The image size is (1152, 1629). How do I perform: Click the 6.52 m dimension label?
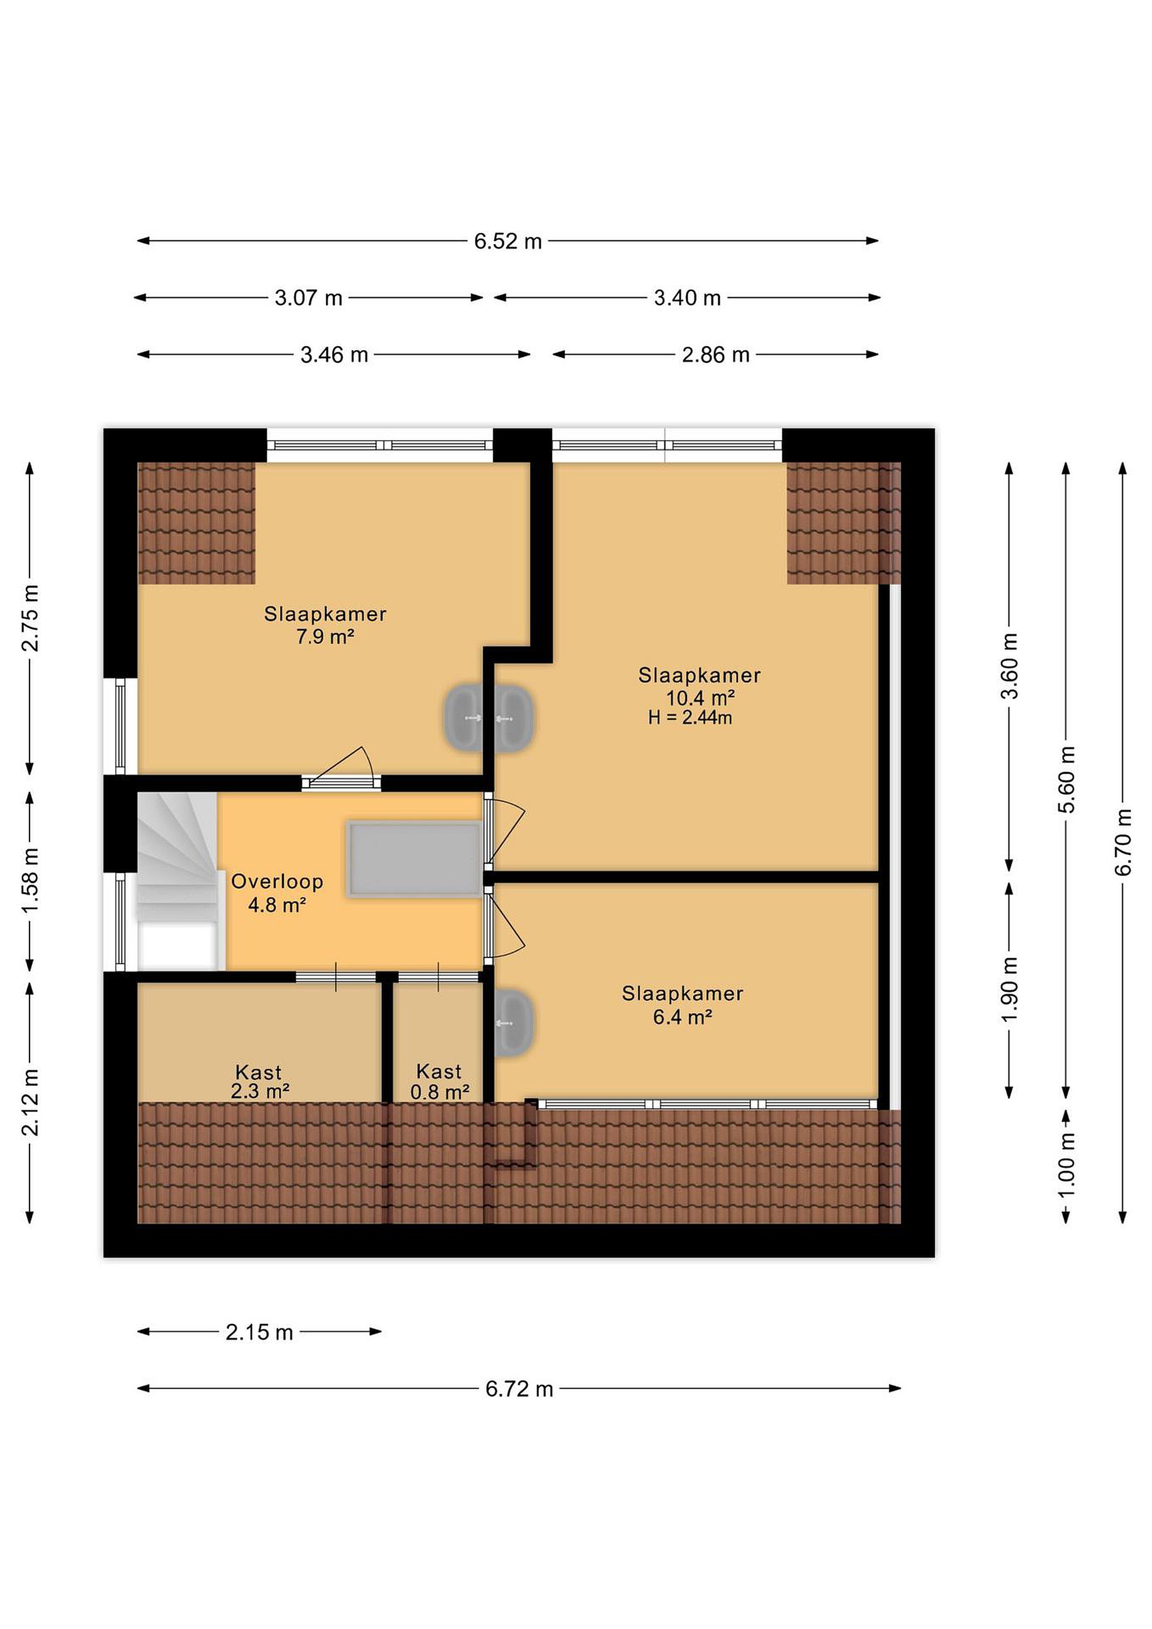[x=508, y=241]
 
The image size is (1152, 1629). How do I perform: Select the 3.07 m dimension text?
[x=309, y=298]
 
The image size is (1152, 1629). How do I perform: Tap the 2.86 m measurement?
[x=716, y=355]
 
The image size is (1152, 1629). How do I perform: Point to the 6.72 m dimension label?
[x=519, y=1389]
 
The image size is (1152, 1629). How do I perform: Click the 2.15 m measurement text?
[x=260, y=1333]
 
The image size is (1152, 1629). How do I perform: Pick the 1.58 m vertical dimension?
[x=30, y=881]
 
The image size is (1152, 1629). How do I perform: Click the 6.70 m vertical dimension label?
[x=1123, y=842]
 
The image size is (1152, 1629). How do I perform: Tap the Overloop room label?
[x=277, y=882]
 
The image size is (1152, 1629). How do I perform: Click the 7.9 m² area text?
[x=325, y=637]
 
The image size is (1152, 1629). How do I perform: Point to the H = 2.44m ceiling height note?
[x=690, y=718]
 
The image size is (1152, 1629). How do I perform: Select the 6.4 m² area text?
[x=683, y=1018]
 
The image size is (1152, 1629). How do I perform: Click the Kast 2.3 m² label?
[x=260, y=1081]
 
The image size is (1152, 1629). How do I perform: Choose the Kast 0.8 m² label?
[x=440, y=1081]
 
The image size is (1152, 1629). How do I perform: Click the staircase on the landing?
[x=178, y=881]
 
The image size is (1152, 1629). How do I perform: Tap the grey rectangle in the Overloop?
[x=415, y=860]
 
